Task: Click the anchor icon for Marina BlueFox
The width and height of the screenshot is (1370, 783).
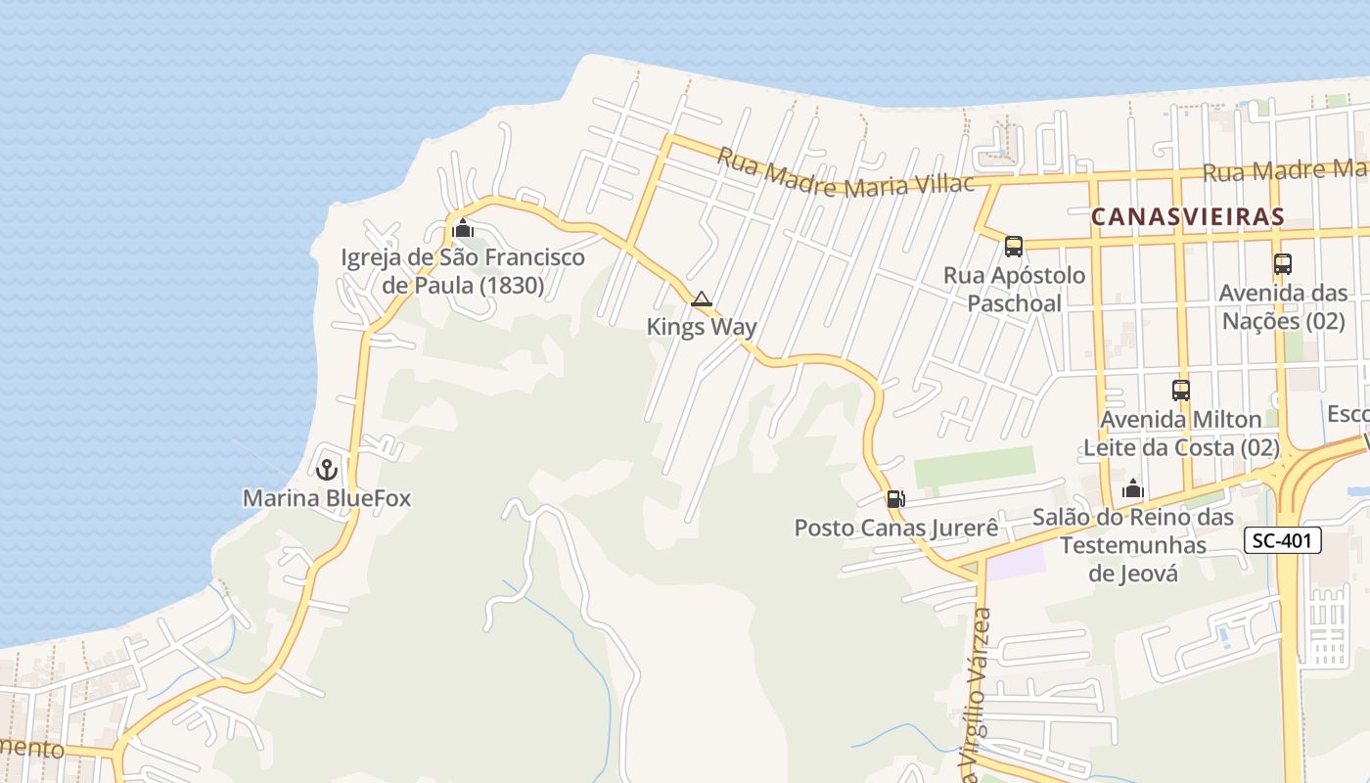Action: coord(327,470)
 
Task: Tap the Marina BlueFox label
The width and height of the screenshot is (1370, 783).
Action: coord(327,498)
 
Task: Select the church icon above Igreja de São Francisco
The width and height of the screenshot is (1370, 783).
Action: coord(463,230)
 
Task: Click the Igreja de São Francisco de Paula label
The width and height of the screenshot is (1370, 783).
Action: coord(463,271)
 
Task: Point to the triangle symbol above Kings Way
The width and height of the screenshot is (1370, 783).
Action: coord(701,299)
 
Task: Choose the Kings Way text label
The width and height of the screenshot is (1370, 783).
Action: coord(702,327)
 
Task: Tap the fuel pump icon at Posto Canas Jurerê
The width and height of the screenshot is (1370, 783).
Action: coord(894,499)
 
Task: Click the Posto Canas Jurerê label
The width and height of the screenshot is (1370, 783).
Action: coord(896,528)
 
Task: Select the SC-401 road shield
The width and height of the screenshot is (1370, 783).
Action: coord(1283,539)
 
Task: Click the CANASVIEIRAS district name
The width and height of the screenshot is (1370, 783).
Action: coord(1187,216)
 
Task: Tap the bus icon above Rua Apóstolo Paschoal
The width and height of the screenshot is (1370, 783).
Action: coord(1014,247)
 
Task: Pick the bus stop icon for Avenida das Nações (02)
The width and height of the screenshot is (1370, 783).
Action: coord(1282,264)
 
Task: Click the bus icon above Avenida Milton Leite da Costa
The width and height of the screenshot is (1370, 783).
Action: coord(1181,391)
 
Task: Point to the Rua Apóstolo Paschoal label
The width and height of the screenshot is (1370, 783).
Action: coord(1015,289)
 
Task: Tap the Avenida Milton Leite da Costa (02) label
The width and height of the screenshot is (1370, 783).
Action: coord(1181,433)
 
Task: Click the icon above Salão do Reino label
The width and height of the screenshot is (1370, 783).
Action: coord(1133,488)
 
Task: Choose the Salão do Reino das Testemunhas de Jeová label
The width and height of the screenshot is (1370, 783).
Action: coord(1133,545)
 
